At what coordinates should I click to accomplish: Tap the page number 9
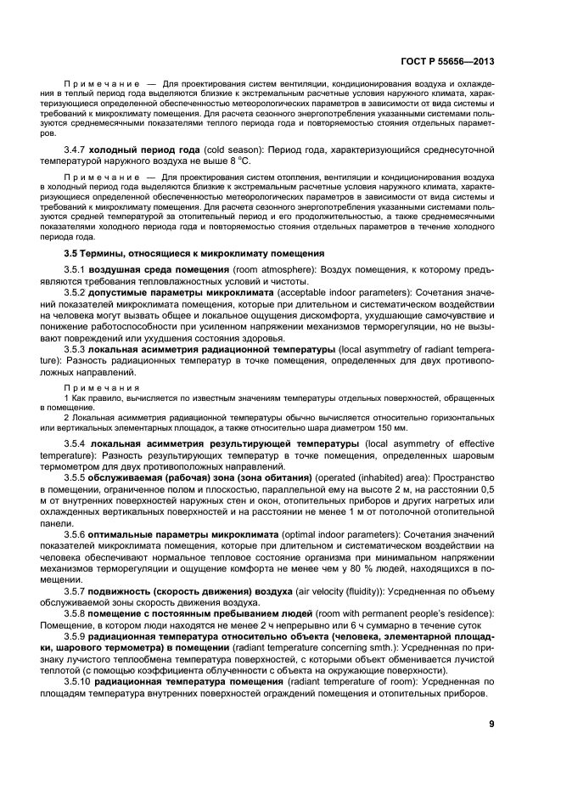point(491,724)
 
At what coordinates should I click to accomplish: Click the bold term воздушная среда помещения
point(153,270)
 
